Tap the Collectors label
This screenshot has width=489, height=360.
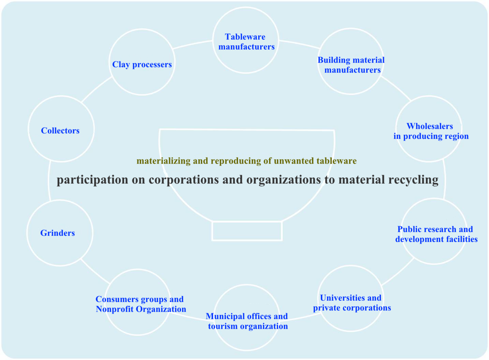(60, 131)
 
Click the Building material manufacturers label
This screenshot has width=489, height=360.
(351, 65)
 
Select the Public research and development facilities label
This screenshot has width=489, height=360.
(436, 234)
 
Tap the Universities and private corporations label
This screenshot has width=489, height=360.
(351, 303)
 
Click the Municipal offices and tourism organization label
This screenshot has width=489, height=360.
(247, 321)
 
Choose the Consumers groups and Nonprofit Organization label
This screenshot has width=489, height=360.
(141, 304)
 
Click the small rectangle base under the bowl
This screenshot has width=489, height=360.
(247, 231)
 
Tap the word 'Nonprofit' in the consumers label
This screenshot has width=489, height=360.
(113, 309)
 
